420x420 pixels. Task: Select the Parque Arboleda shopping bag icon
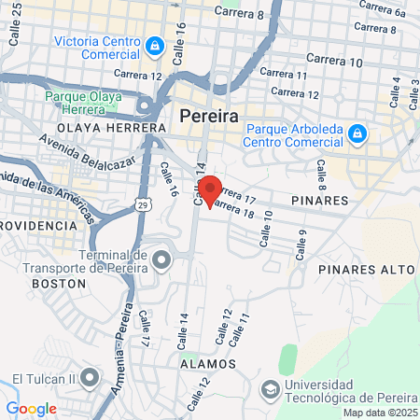356,135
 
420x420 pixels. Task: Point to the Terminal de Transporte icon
161,258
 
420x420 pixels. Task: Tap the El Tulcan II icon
90,378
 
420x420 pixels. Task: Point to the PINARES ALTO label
366,269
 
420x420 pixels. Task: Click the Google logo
31,408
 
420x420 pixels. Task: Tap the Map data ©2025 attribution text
380,413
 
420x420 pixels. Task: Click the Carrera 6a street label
386,13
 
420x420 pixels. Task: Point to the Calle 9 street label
301,247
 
